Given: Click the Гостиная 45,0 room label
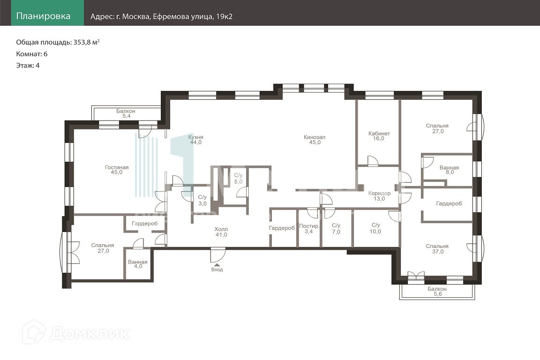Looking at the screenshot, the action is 117,170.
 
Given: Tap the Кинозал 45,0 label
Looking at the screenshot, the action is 315,140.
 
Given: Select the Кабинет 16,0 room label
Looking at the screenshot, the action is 379,136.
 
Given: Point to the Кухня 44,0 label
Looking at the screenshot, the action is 195,140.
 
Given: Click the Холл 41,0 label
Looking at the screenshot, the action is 221,232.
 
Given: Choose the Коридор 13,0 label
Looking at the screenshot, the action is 379,195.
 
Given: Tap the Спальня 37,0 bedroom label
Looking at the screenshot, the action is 437,249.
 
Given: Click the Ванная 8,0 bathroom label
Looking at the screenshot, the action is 450,170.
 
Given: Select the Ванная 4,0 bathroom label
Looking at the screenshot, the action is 138,264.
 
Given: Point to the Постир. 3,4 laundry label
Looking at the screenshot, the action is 309,229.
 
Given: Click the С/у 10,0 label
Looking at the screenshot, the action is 375,228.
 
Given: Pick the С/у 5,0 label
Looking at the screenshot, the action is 238,179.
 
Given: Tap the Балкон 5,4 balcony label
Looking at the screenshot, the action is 126,114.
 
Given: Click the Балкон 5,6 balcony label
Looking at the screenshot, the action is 437,292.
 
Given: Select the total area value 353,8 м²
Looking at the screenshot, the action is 87,42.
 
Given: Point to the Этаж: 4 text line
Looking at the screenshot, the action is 28,66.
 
